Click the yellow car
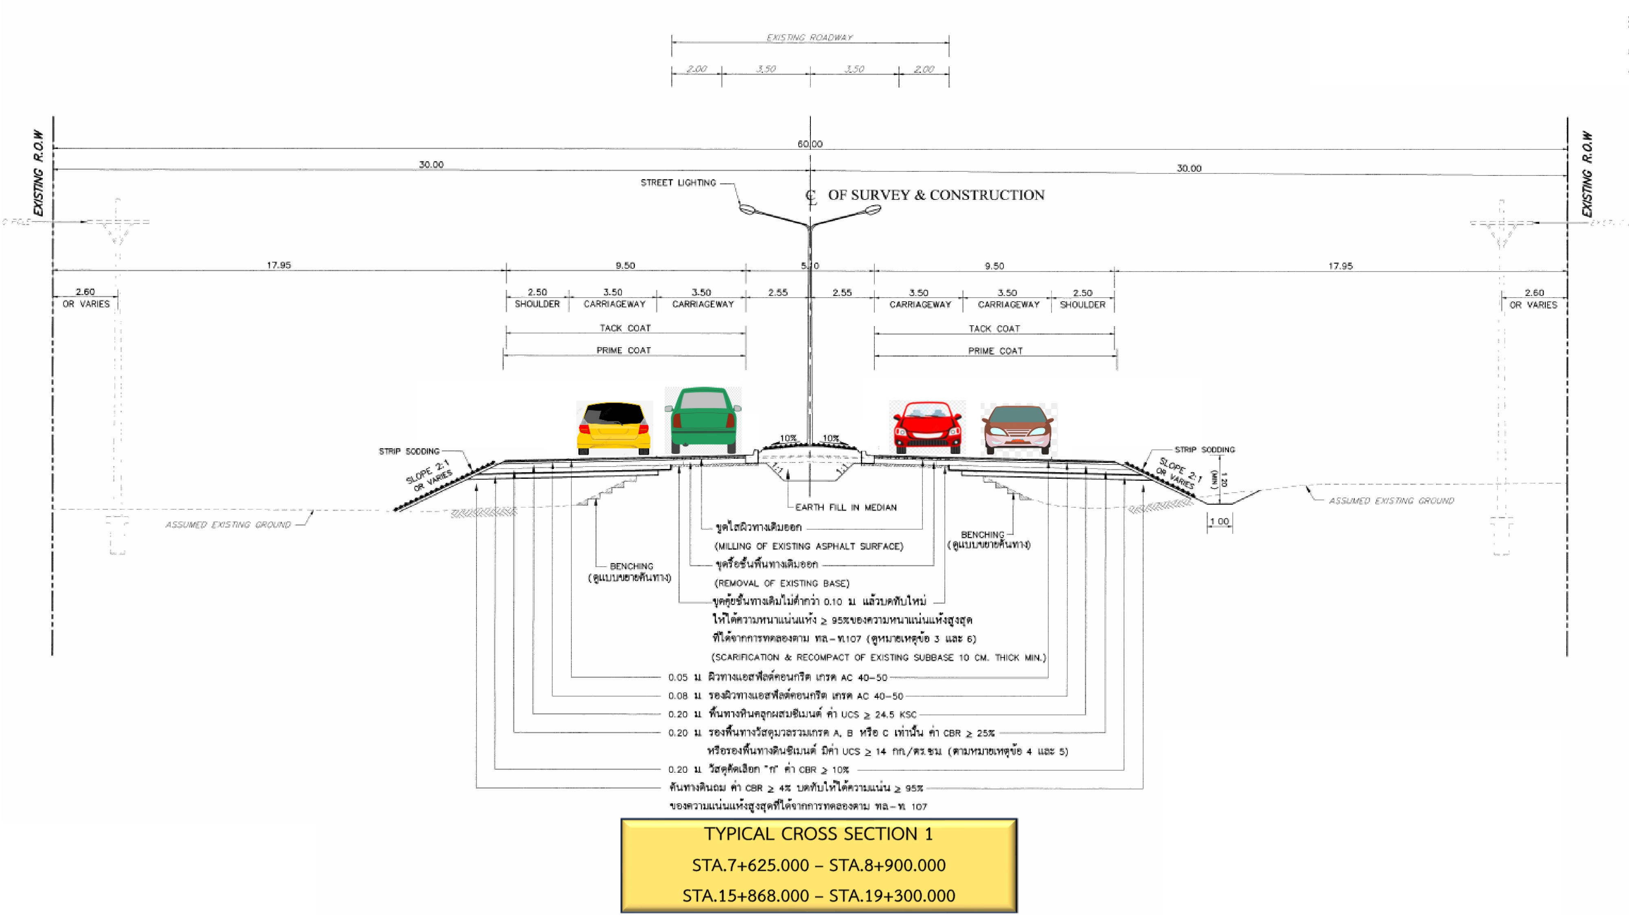[x=613, y=428]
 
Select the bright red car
[x=927, y=427]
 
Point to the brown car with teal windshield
[x=1017, y=429]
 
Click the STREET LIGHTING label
[x=678, y=183]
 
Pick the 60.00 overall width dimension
[x=810, y=144]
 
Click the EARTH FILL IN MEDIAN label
[x=845, y=507]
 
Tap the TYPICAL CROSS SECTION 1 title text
[x=818, y=834]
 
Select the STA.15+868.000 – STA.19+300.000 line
[x=818, y=896]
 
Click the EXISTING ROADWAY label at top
[x=810, y=38]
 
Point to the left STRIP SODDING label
[x=408, y=451]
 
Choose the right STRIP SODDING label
[x=1204, y=449]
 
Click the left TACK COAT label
[x=625, y=328]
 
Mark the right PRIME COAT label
[x=995, y=351]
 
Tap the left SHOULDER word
[x=537, y=304]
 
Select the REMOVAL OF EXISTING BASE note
[x=782, y=583]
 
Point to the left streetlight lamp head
[x=747, y=208]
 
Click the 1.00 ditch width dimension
[x=1218, y=522]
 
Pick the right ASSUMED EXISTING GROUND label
[x=1391, y=501]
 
